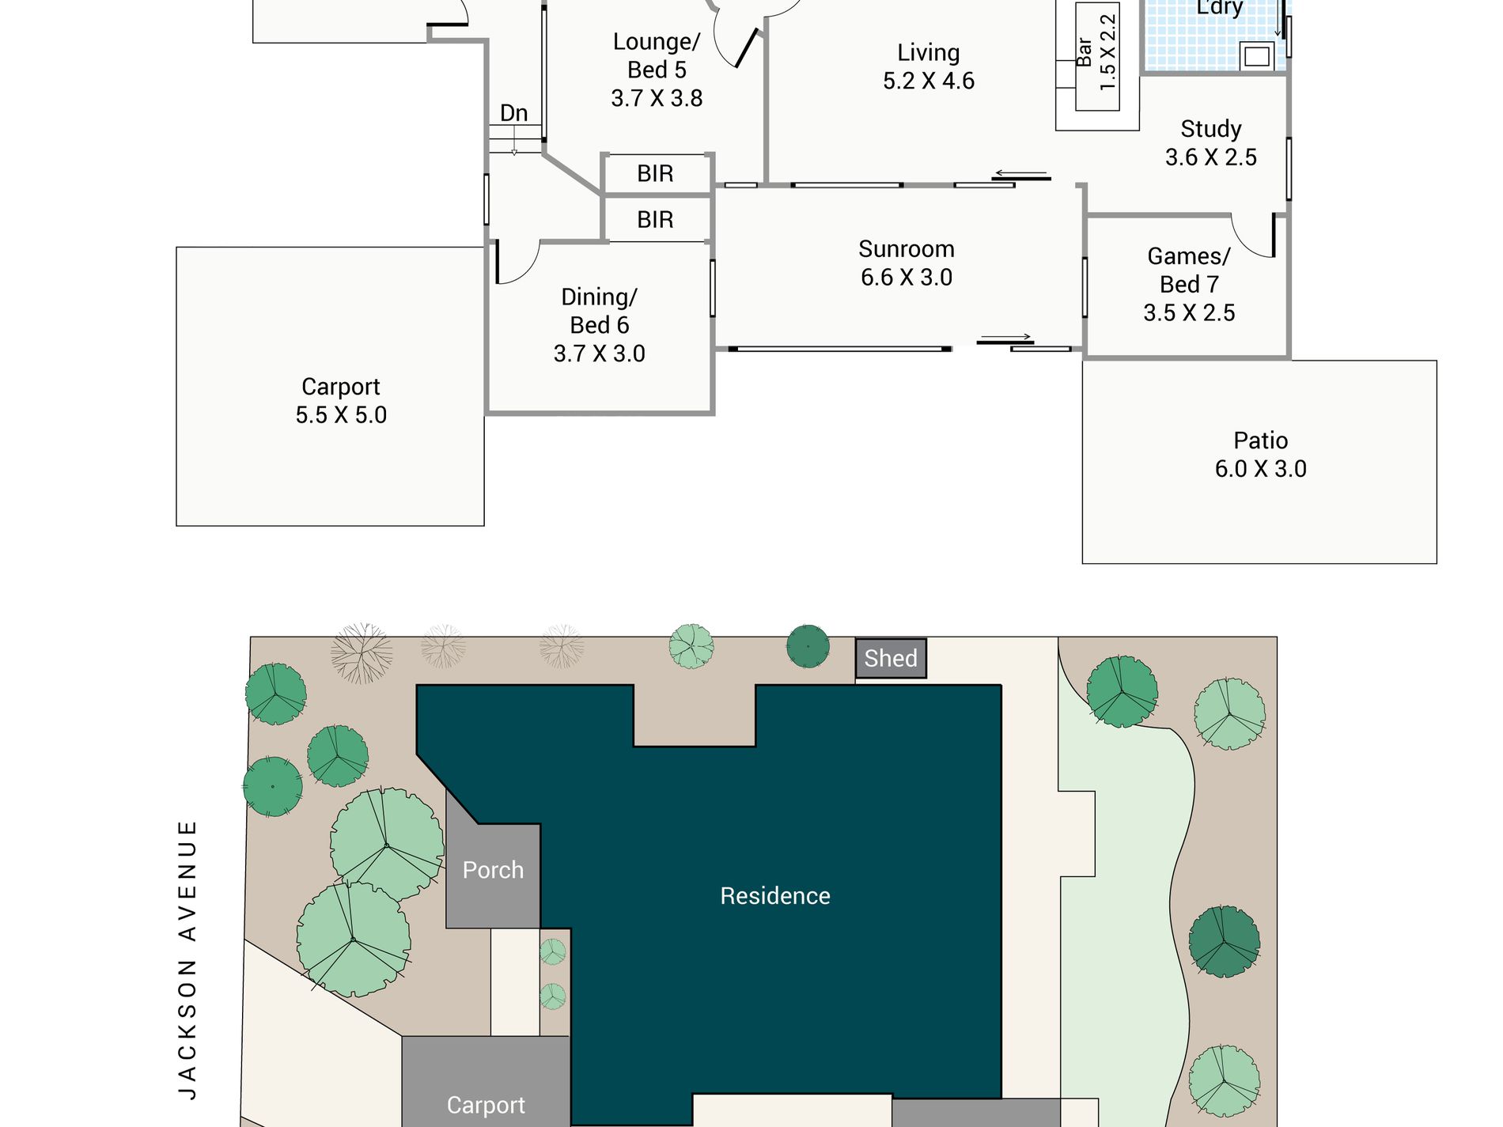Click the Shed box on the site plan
(891, 658)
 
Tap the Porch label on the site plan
(493, 870)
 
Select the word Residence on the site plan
(775, 895)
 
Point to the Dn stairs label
(513, 113)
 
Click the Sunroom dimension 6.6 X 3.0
(907, 278)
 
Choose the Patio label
(1260, 441)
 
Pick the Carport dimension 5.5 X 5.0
(341, 415)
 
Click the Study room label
(1211, 129)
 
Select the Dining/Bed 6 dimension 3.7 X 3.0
(600, 354)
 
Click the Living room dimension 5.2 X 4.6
(929, 81)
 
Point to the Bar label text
(1085, 52)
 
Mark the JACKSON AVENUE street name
(187, 959)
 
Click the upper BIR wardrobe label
(655, 174)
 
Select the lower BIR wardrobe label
(655, 220)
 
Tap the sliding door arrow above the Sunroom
(1020, 174)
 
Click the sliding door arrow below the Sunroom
(1005, 338)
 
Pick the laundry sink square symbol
(1257, 57)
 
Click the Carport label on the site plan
(486, 1105)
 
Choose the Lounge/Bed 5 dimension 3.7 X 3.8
(657, 99)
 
